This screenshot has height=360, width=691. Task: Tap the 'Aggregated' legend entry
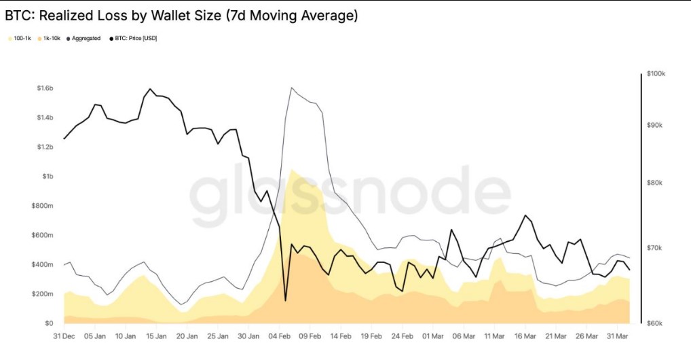pyautogui.click(x=85, y=39)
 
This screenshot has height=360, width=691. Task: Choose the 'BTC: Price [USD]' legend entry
pyautogui.click(x=134, y=39)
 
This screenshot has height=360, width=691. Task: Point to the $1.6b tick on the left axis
pyautogui.click(x=44, y=88)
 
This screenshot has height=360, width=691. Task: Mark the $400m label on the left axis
pyautogui.click(x=44, y=264)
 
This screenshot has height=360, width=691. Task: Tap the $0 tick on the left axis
pyautogui.click(x=50, y=323)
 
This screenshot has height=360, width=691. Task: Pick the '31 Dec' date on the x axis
pyautogui.click(x=64, y=336)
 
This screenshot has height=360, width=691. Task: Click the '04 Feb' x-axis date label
pyautogui.click(x=280, y=336)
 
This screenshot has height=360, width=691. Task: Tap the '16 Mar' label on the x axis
pyautogui.click(x=525, y=336)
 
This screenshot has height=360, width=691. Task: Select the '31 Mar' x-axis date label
pyautogui.click(x=617, y=336)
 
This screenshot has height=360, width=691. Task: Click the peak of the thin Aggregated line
pyautogui.click(x=291, y=88)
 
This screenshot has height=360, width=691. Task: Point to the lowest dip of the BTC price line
pyautogui.click(x=285, y=300)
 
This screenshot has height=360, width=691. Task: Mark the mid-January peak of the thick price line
pyautogui.click(x=150, y=89)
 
